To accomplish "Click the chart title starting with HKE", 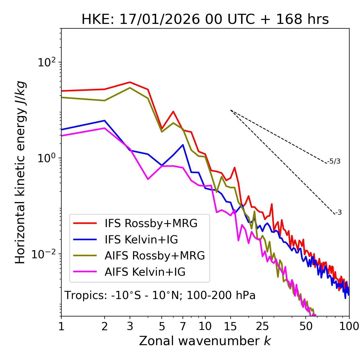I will pos(205,20).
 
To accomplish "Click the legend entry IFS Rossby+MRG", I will pos(151,223).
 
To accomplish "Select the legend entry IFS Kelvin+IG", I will pos(141,240).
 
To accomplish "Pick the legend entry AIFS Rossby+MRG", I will pos(155,256).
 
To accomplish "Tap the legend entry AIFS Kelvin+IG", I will pos(145,272).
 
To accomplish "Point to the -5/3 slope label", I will pos(334,162).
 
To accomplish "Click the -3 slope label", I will pos(338,213).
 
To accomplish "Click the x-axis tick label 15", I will pos(231,326).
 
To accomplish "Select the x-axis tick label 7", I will pos(183,326).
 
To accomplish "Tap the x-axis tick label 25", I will pos(262,326).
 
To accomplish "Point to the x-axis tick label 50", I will pos(306,326).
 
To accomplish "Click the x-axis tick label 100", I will pos(349,326).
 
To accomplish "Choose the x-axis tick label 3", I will pos(130,326).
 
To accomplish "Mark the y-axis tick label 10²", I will pos(46,62).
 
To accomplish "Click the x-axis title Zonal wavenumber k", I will pos(205,341).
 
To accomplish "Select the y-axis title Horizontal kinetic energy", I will pos(20,173).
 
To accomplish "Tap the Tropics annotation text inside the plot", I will pos(160,295).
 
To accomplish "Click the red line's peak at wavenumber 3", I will pos(130,82).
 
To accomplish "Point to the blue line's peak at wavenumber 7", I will pos(183,145).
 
